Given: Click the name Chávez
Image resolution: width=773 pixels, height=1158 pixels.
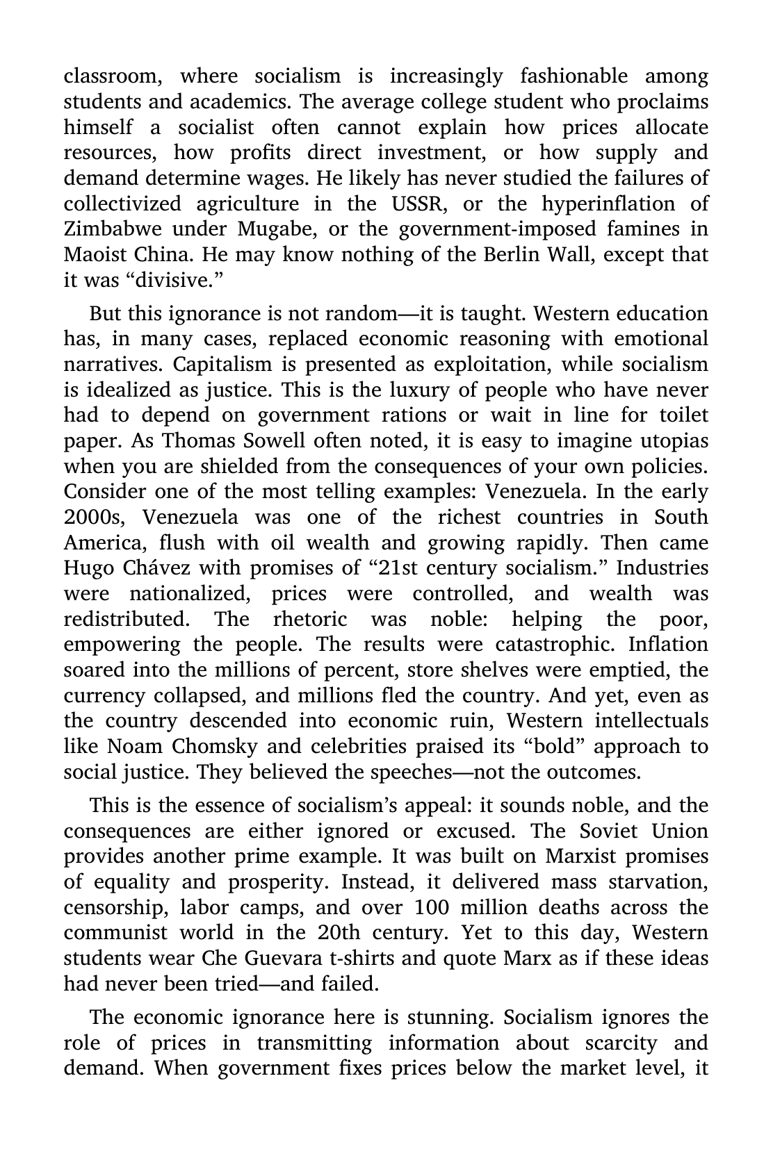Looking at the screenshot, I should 154,568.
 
